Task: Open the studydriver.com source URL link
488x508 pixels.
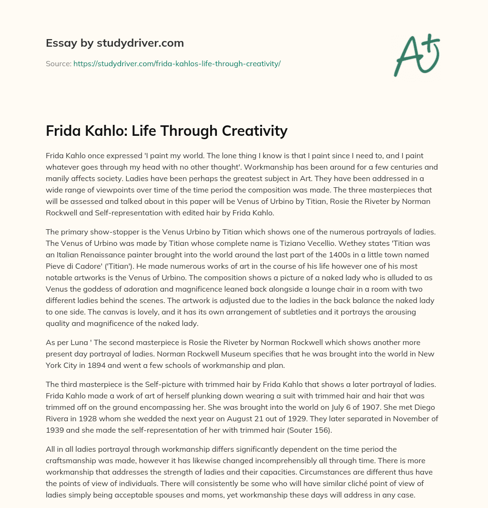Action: point(177,63)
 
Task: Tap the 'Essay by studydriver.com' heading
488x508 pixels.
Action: point(115,43)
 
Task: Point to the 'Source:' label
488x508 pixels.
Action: point(59,63)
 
